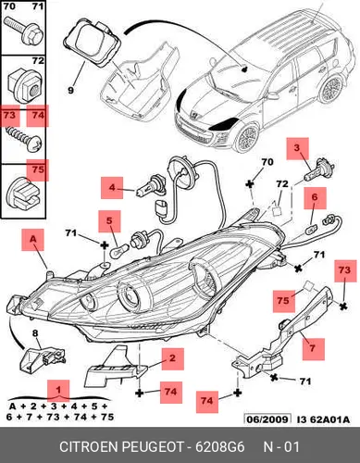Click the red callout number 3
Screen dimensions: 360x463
click(297, 147)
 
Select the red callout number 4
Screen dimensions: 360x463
click(112, 187)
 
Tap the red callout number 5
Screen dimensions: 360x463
click(109, 220)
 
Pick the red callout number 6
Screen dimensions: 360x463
click(315, 197)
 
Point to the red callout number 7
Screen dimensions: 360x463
click(313, 348)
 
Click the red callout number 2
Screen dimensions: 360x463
click(172, 358)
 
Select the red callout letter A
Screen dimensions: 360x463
click(33, 239)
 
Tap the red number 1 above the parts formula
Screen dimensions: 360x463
click(58, 390)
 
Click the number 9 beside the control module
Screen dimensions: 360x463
click(70, 91)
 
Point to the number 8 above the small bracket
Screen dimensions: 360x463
click(35, 333)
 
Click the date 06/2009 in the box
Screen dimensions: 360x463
click(267, 419)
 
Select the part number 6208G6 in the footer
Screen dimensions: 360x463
click(219, 447)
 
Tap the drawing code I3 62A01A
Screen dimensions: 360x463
click(323, 419)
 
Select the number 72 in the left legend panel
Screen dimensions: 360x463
click(38, 60)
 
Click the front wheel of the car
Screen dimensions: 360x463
click(247, 138)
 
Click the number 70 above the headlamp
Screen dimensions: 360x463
click(267, 161)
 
